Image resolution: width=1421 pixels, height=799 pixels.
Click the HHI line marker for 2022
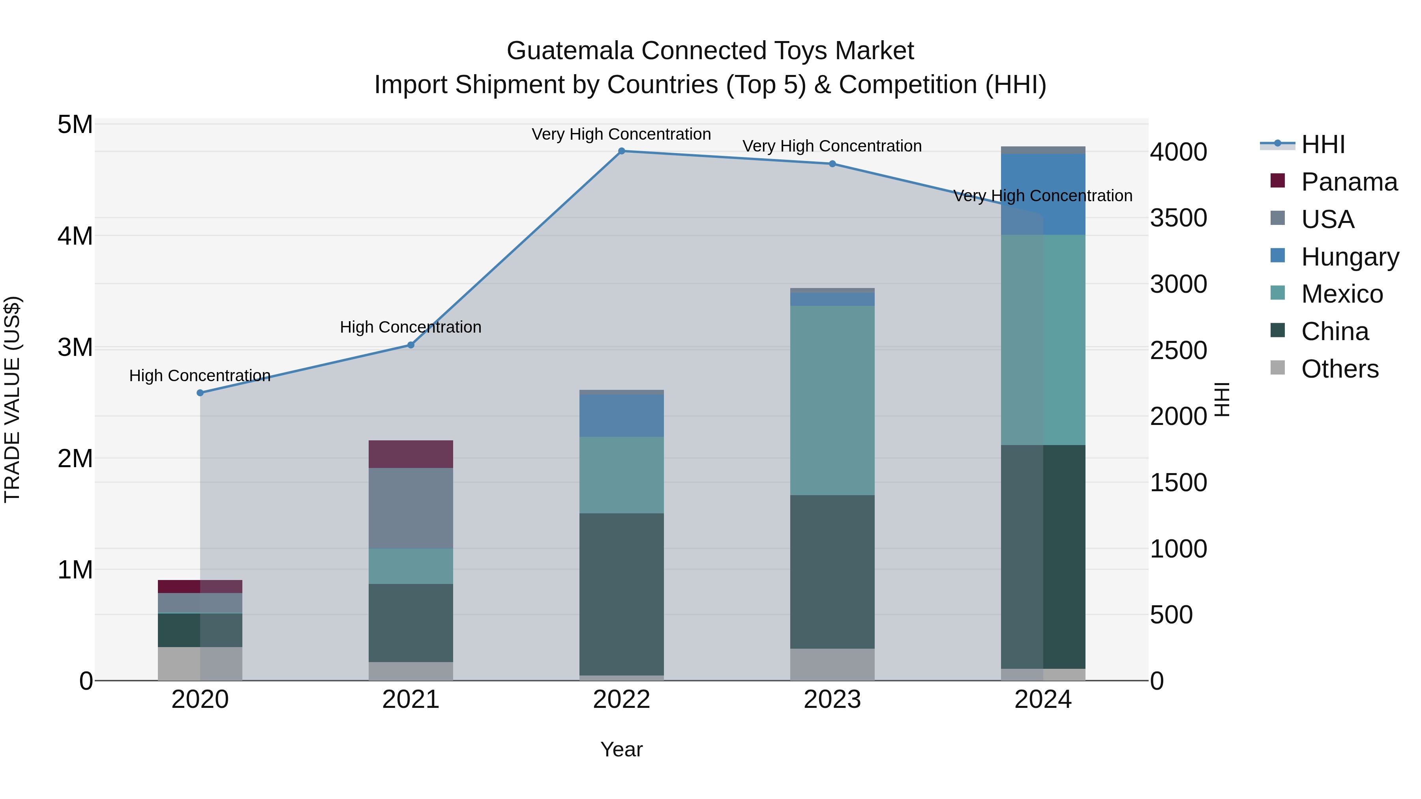tap(621, 151)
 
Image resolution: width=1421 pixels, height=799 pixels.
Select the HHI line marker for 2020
tap(200, 393)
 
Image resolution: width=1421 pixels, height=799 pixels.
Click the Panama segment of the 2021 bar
tap(411, 454)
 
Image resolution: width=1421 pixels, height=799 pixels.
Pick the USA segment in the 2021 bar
tap(411, 508)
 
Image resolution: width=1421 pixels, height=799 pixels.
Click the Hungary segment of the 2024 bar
tap(1042, 194)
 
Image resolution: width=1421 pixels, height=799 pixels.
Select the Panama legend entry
tap(1348, 182)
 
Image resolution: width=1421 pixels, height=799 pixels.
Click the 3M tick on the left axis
tap(75, 347)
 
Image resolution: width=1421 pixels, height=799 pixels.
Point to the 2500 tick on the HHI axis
tap(1178, 351)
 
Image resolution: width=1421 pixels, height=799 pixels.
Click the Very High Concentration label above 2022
tap(621, 134)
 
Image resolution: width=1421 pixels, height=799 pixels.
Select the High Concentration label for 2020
tap(200, 376)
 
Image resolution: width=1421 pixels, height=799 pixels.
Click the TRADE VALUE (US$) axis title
tap(12, 399)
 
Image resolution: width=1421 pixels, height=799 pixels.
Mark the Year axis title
tap(621, 749)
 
